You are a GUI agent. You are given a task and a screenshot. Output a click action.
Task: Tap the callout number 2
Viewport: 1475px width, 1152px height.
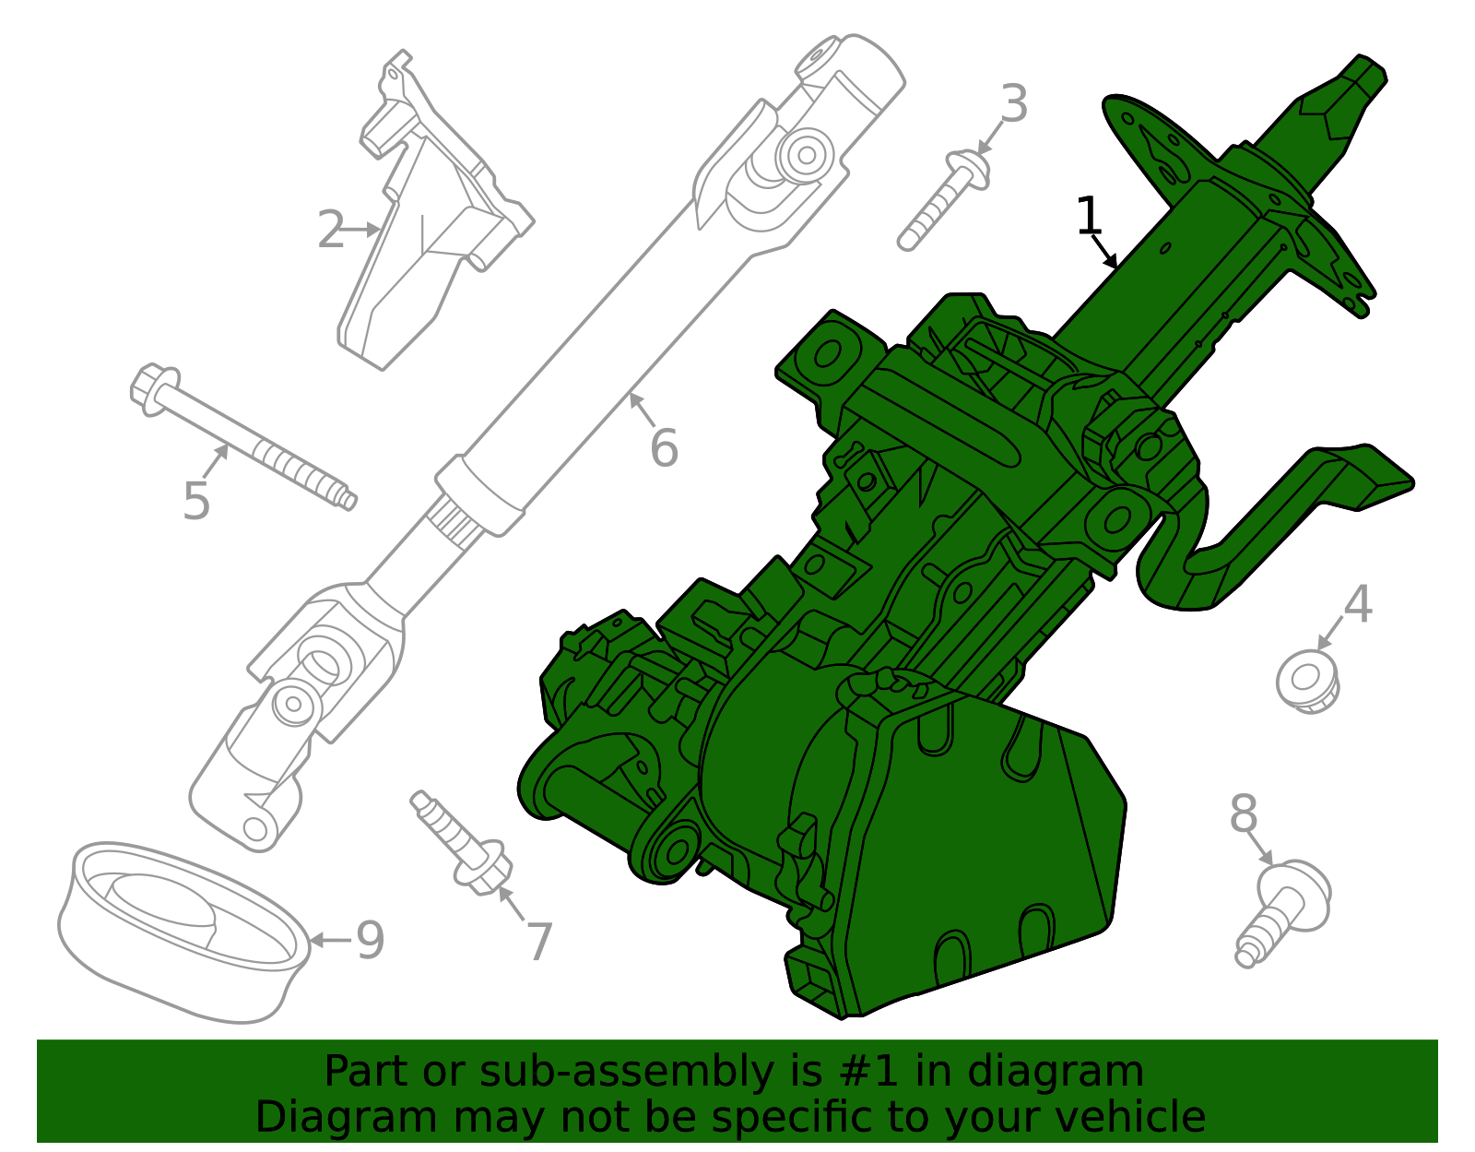[x=329, y=230]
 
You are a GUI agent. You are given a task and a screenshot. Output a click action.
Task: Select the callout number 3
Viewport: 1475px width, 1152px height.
[x=1013, y=104]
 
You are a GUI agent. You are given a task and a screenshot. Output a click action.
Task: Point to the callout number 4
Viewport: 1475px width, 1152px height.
[x=1357, y=605]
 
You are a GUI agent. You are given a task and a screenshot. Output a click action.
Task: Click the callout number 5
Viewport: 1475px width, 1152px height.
[x=196, y=501]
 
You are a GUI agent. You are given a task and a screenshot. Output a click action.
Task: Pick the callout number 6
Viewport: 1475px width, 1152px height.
[x=664, y=448]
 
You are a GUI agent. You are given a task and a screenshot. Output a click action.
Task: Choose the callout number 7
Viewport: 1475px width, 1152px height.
[x=539, y=941]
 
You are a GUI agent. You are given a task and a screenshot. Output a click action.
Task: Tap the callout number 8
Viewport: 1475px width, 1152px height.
[x=1244, y=814]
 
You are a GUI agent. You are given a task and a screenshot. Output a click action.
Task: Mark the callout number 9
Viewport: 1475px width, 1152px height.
[x=370, y=941]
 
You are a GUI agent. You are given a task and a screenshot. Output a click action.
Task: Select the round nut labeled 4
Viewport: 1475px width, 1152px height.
[x=1307, y=682]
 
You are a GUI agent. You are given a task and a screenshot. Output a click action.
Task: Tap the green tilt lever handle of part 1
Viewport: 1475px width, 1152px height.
[x=1291, y=517]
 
